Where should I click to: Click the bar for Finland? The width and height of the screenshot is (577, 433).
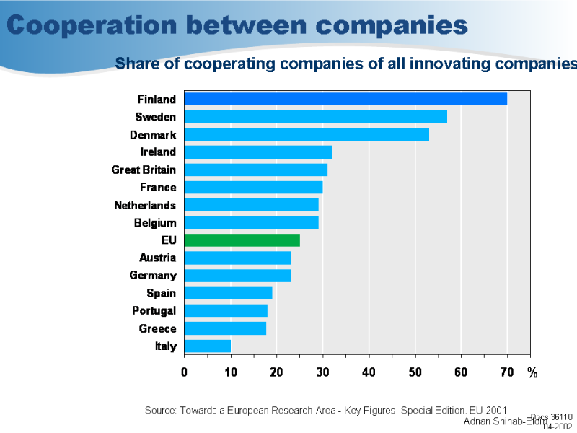point(345,99)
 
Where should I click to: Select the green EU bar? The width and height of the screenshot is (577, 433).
point(242,240)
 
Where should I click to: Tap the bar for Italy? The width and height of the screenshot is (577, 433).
point(207,346)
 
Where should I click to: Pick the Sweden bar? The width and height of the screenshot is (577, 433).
point(315,117)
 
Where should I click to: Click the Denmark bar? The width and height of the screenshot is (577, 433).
point(307,134)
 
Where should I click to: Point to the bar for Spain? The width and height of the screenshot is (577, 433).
point(228,293)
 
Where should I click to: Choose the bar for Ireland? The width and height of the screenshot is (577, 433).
point(258,152)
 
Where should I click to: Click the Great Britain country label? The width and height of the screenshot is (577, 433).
point(144,170)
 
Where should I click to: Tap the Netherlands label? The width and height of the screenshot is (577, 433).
point(145,205)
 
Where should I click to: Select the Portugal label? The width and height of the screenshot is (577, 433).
point(154,311)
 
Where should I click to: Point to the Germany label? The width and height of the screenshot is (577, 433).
point(153,276)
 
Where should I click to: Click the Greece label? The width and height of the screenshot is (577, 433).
point(158,328)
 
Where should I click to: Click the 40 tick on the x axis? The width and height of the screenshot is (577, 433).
point(369,372)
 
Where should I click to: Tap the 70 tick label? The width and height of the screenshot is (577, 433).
point(507,372)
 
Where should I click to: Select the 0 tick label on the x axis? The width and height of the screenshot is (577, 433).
point(184,372)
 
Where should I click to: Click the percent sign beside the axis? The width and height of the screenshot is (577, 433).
point(532,372)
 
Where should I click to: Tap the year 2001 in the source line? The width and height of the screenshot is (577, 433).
point(494,410)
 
